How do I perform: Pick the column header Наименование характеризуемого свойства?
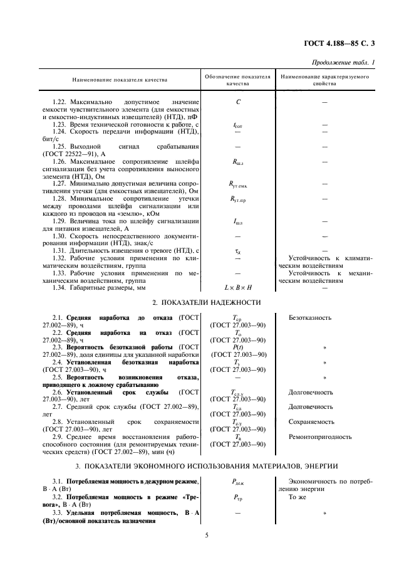[324, 80]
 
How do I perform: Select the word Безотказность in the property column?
[310, 318]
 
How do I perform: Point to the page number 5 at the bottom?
[206, 534]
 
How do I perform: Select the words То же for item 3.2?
[297, 495]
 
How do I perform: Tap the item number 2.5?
[58, 377]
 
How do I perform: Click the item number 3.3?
[58, 512]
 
